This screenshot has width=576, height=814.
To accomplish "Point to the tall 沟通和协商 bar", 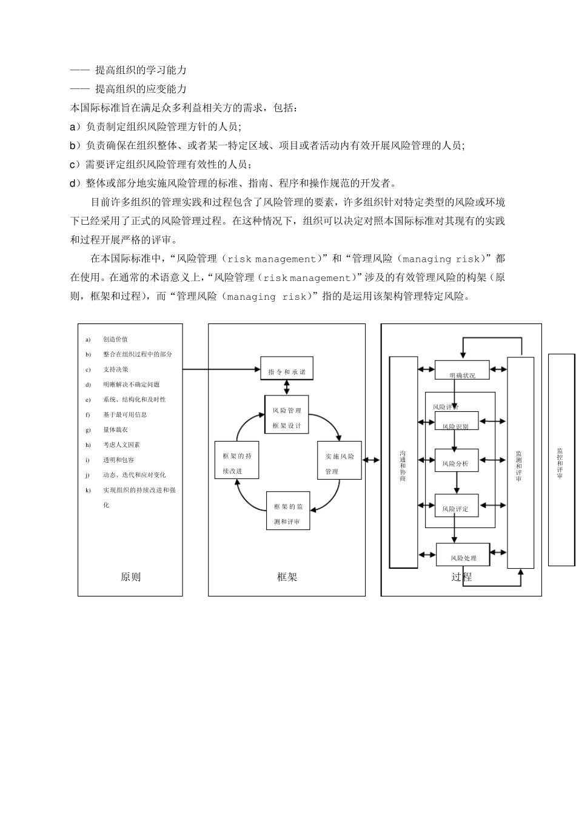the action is (403, 463).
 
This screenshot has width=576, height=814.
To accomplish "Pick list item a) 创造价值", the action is (115, 339).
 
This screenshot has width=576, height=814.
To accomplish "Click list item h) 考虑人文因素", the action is (121, 445).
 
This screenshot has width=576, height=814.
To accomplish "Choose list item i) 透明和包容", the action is (118, 460).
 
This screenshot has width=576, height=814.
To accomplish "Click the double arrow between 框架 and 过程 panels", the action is (371, 460).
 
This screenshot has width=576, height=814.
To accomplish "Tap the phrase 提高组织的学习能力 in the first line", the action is (141, 70).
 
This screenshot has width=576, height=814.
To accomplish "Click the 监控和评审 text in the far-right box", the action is (560, 463).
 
